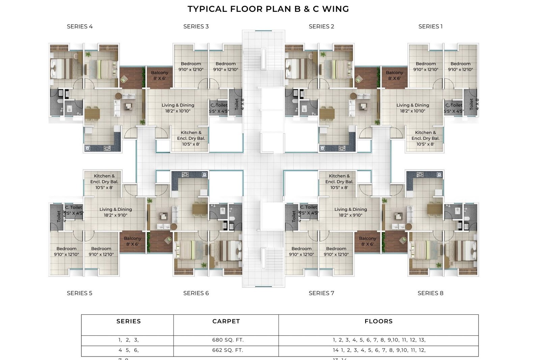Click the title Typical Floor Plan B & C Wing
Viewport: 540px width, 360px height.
268,9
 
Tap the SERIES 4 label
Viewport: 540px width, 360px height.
80,26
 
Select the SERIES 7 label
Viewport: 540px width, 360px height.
321,293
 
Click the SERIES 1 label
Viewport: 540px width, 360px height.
430,26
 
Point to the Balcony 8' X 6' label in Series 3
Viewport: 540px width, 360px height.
159,75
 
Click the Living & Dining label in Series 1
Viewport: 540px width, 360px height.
412,108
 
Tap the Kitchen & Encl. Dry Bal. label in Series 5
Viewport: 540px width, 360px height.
104,182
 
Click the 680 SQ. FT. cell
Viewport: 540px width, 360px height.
228,340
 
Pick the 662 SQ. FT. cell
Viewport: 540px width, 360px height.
227,350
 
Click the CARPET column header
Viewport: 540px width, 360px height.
226,321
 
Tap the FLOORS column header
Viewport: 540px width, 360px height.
378,321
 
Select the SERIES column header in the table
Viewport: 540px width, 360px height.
129,321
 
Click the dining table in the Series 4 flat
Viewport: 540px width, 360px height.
92,113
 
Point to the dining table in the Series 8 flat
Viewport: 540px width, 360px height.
434,209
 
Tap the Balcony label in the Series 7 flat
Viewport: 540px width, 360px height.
367,241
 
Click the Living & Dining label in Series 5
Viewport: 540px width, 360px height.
115,212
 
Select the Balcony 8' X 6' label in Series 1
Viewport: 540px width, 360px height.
394,75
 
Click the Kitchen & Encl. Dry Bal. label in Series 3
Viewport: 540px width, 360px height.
191,138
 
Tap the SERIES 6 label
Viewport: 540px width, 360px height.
196,293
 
